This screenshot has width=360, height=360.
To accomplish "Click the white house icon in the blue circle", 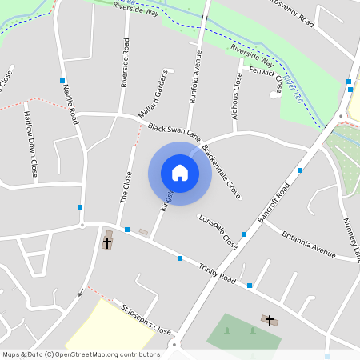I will [180, 173].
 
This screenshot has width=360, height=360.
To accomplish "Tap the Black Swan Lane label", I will [173, 132].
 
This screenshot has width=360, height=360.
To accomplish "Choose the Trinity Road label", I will [218, 277].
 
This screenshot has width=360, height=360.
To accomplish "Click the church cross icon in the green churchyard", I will [270, 320].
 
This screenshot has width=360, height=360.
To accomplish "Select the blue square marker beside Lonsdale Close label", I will [243, 234].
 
